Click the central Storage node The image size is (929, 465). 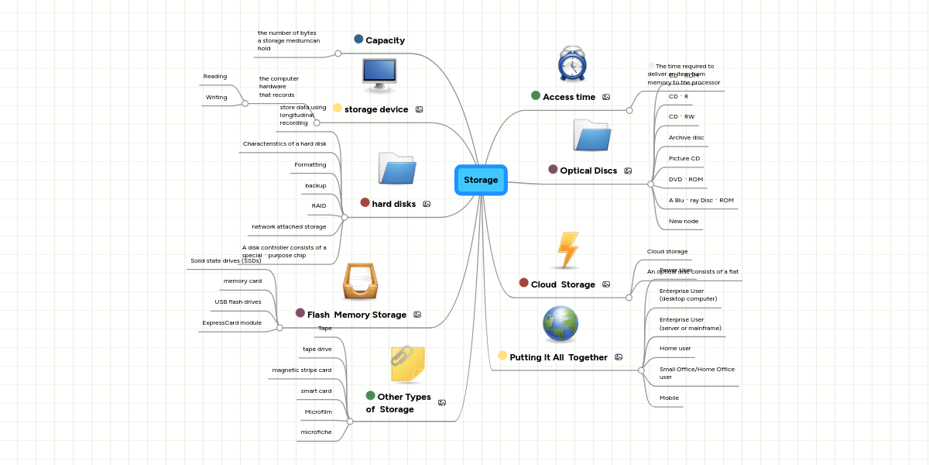(481, 180)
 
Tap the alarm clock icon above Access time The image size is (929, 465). (572, 64)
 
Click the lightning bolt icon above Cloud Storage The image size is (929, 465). (568, 250)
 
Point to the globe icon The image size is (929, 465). (560, 325)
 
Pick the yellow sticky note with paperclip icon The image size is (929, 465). (408, 364)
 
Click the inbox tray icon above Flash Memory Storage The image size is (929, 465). (360, 281)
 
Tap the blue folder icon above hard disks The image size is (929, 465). (397, 168)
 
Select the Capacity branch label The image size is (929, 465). (385, 40)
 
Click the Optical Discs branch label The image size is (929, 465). (588, 170)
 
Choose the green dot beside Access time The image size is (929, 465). (536, 95)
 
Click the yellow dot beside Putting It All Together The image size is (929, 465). (502, 356)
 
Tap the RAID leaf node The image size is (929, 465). (319, 206)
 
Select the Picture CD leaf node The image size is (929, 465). (684, 158)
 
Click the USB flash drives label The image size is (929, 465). (238, 301)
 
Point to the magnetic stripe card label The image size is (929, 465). (301, 370)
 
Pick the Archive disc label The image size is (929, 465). (686, 137)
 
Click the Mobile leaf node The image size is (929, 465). (669, 398)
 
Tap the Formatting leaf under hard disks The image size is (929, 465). (310, 164)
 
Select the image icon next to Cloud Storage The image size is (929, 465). (606, 284)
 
